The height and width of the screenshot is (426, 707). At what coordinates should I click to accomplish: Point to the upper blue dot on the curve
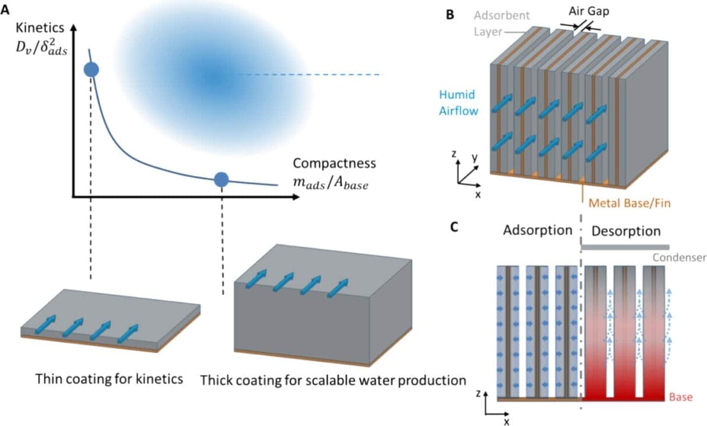(x=92, y=70)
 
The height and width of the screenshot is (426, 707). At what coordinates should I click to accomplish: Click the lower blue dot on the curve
(x=221, y=180)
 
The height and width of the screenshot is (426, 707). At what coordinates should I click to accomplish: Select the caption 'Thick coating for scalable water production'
(x=333, y=380)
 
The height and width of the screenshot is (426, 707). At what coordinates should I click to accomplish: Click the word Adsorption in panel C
(x=538, y=230)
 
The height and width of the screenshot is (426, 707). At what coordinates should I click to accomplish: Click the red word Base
(x=680, y=397)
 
